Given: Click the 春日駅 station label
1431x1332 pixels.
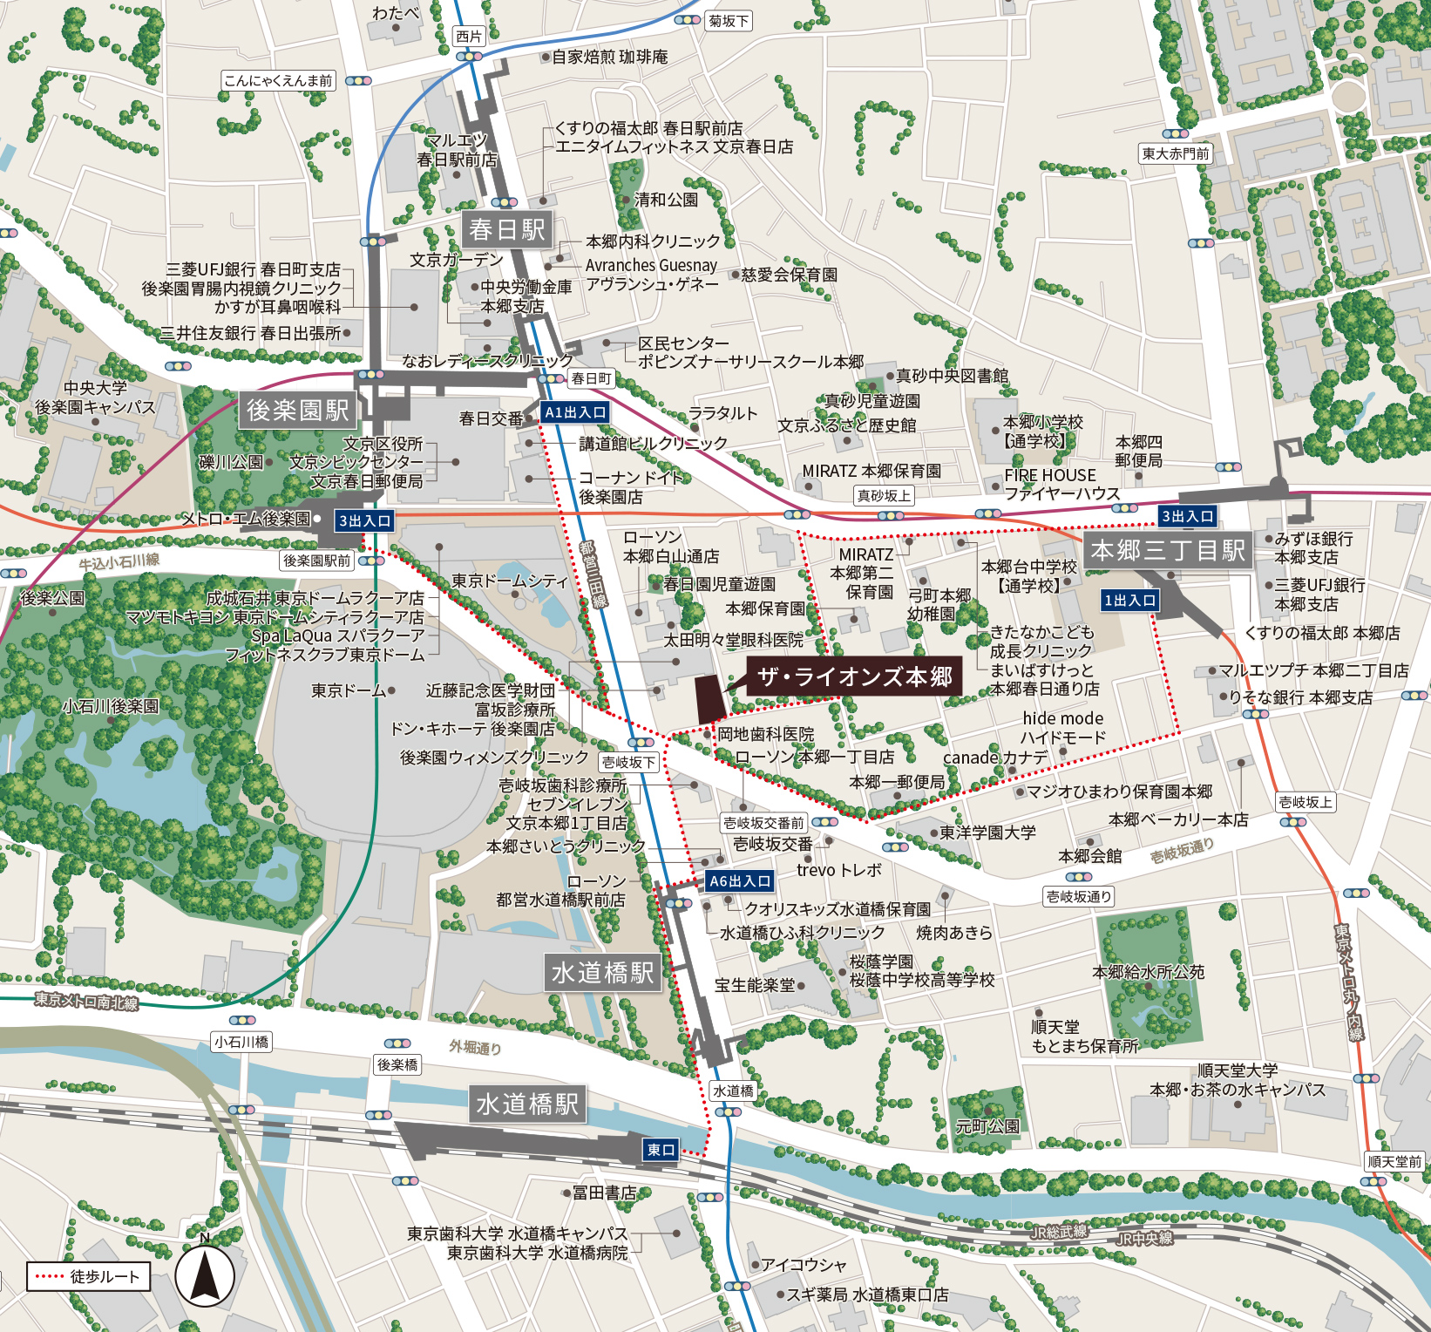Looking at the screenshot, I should click(x=506, y=230).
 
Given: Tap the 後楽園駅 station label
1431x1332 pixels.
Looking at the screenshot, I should click(x=297, y=410).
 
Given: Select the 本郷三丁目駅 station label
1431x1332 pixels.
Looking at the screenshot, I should click(x=1168, y=550).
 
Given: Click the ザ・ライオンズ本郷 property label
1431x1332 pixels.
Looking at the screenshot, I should click(x=854, y=676).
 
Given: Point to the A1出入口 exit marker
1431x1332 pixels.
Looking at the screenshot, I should click(x=574, y=412).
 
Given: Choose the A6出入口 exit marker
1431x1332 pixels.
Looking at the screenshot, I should click(x=740, y=881).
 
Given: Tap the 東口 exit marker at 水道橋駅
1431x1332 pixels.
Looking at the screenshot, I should click(x=661, y=1150).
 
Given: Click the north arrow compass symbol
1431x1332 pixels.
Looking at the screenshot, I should click(x=205, y=1276).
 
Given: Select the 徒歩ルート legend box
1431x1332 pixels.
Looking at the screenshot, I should click(x=88, y=1276).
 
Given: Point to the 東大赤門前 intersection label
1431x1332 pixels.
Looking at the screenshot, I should click(x=1176, y=153).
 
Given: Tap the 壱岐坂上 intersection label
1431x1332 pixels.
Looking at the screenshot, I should click(x=1306, y=802).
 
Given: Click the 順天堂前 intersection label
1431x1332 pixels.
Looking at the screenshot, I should click(x=1394, y=1161).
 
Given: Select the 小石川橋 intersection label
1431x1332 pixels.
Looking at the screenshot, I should click(x=241, y=1042).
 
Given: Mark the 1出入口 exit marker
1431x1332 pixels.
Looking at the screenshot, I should click(x=1129, y=600).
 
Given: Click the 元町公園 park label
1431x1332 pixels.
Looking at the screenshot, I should click(x=987, y=1126).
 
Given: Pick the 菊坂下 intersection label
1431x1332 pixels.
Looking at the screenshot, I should click(x=728, y=21).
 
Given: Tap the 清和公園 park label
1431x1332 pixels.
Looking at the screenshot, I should click(x=666, y=200).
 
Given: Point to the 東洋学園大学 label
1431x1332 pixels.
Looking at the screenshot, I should click(x=987, y=832).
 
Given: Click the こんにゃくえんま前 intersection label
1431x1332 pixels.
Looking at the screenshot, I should click(x=278, y=81).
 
